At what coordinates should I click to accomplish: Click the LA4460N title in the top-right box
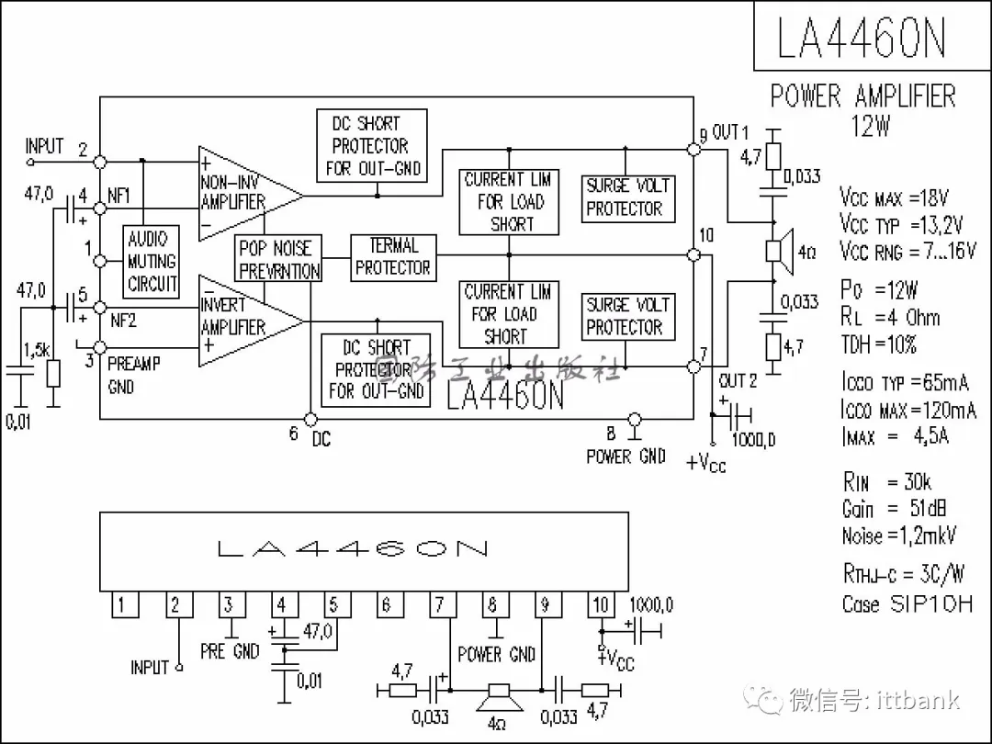pyautogui.click(x=862, y=38)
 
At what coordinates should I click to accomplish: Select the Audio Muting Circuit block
pyautogui.click(x=152, y=261)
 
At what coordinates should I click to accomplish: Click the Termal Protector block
pyautogui.click(x=393, y=257)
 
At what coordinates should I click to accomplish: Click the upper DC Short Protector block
pyautogui.click(x=377, y=145)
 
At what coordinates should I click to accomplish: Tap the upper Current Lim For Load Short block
pyautogui.click(x=507, y=201)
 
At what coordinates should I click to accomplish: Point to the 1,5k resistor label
pyautogui.click(x=37, y=350)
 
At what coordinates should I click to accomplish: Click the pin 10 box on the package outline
pyautogui.click(x=600, y=604)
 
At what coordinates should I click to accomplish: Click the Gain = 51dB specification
pyautogui.click(x=894, y=508)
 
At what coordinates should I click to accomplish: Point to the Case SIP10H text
pyautogui.click(x=906, y=604)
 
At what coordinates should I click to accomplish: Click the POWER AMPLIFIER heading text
pyautogui.click(x=862, y=96)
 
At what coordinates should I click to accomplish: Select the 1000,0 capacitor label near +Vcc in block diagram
pyautogui.click(x=753, y=439)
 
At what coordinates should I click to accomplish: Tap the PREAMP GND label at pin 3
pyautogui.click(x=133, y=375)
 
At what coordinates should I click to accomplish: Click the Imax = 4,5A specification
pyautogui.click(x=896, y=435)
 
